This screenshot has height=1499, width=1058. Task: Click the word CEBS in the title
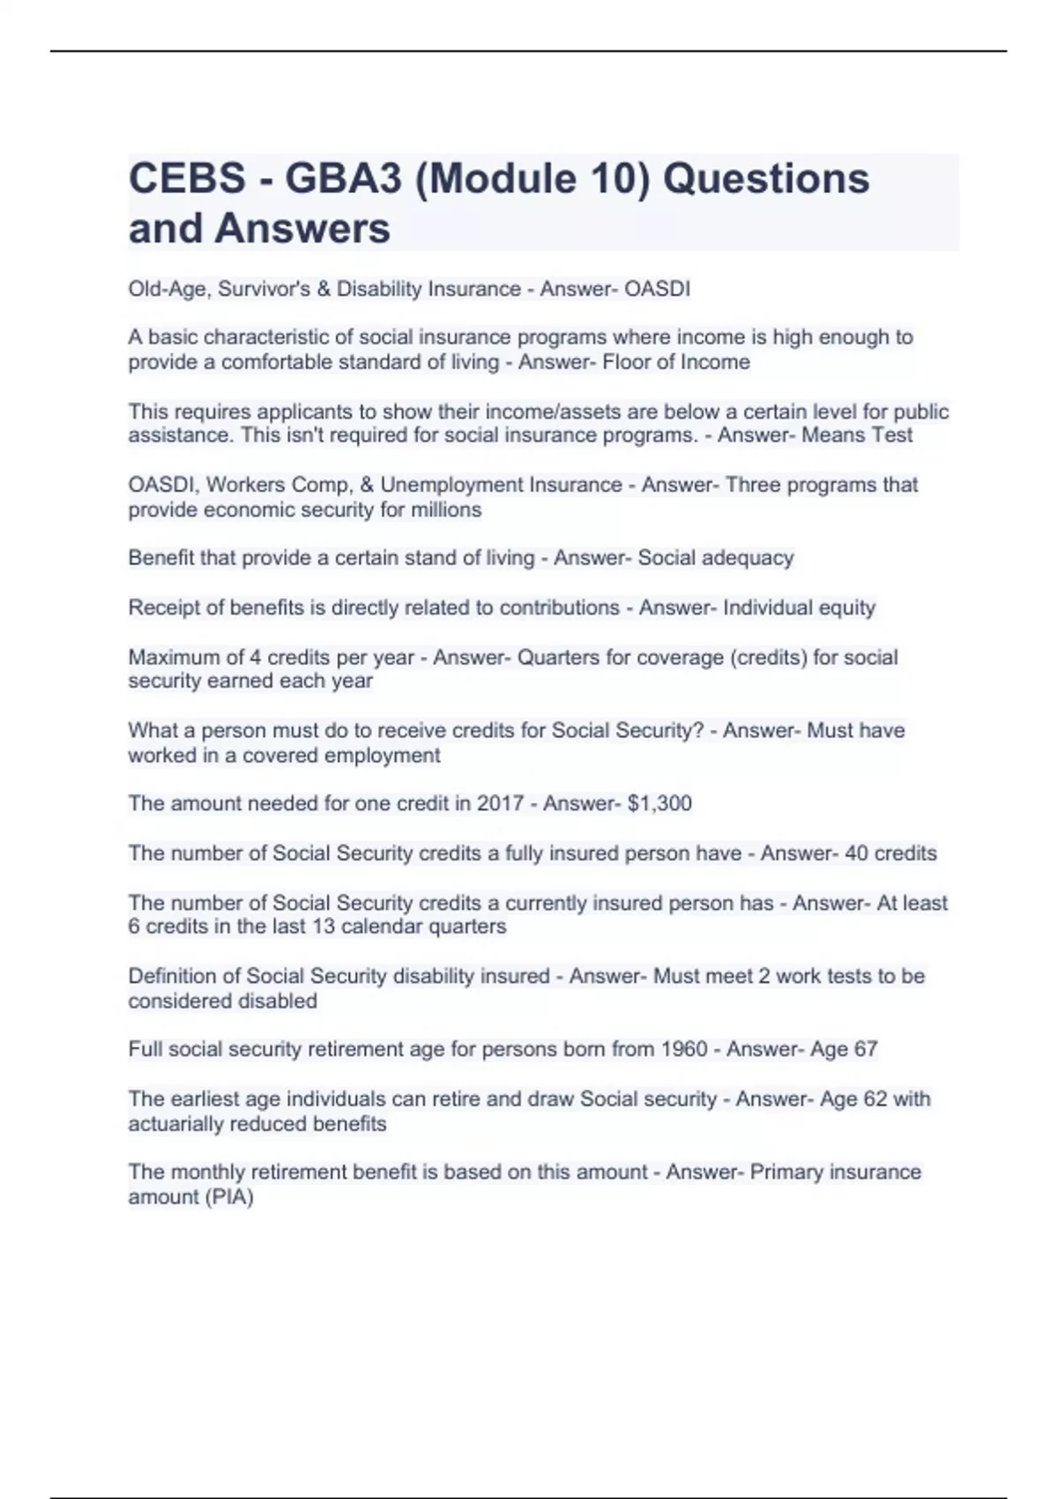tap(187, 179)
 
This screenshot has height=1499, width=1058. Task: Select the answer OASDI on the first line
tap(657, 289)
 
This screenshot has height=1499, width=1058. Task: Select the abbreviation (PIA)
tap(228, 1197)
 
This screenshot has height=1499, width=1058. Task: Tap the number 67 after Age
tap(866, 1049)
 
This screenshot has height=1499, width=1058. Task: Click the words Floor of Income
tap(676, 362)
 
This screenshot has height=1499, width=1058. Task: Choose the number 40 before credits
tap(856, 854)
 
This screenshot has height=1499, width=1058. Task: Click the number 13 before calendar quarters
tap(324, 927)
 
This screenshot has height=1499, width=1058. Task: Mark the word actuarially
tap(175, 1124)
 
